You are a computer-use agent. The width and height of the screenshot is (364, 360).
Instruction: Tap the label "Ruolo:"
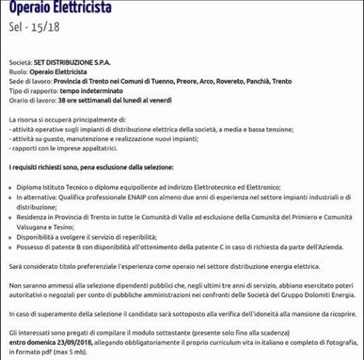pos(20,73)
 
